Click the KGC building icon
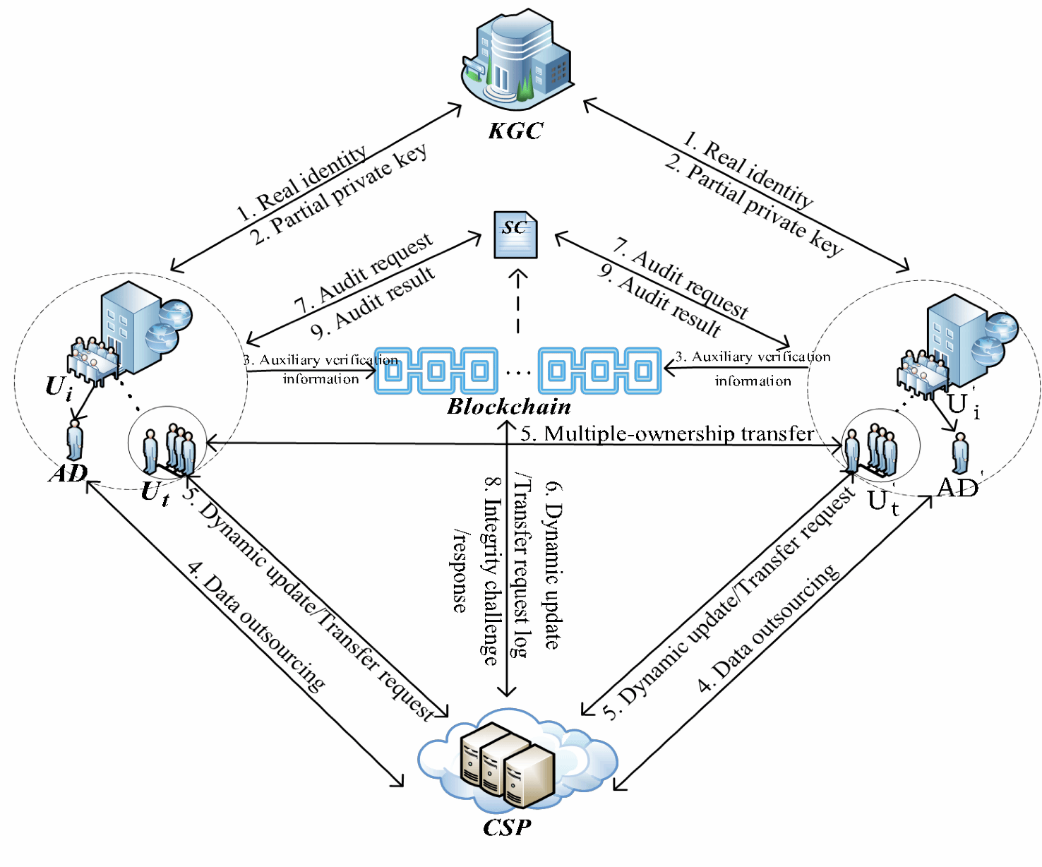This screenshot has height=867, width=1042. click(516, 60)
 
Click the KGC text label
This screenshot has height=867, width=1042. click(516, 131)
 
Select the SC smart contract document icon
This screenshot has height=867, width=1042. click(515, 235)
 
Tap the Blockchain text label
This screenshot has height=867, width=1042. click(509, 407)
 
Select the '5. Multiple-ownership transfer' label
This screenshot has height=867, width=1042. click(667, 433)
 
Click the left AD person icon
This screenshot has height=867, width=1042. click(74, 441)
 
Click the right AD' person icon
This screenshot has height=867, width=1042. click(960, 453)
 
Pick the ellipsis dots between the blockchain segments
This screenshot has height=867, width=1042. click(518, 372)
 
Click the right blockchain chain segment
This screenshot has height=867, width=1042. click(599, 371)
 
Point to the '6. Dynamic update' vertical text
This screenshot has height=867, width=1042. click(553, 565)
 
